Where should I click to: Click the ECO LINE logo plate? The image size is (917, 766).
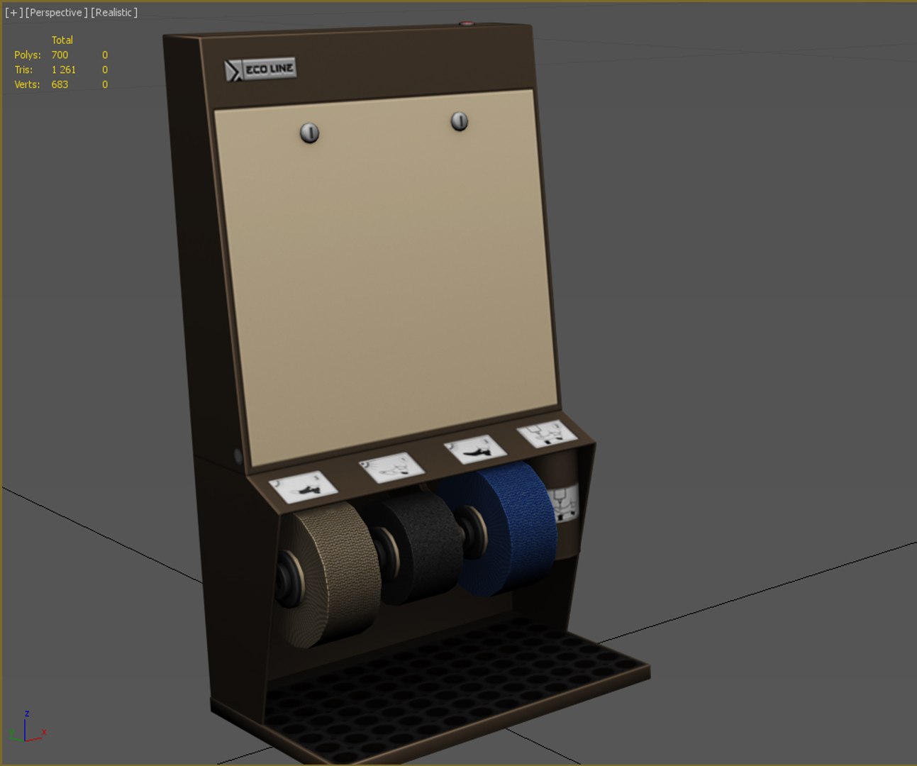[260, 70]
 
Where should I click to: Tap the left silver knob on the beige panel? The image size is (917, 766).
[309, 133]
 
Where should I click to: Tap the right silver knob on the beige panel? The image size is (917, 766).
[460, 121]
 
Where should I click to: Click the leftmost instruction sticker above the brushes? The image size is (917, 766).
[303, 487]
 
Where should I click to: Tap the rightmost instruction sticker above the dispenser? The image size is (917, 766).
[546, 433]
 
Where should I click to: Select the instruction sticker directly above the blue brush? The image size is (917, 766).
[474, 449]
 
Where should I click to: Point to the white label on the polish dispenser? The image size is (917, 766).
[565, 502]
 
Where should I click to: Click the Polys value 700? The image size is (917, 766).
[60, 55]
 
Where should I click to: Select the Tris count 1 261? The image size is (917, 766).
[63, 70]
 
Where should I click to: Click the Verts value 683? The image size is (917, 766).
[60, 84]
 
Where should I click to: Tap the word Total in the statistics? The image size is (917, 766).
[62, 40]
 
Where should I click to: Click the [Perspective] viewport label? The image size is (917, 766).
[57, 13]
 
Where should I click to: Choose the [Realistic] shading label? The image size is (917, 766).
[114, 13]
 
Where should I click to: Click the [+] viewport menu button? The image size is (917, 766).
[13, 13]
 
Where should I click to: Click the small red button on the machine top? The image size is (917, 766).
[466, 23]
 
